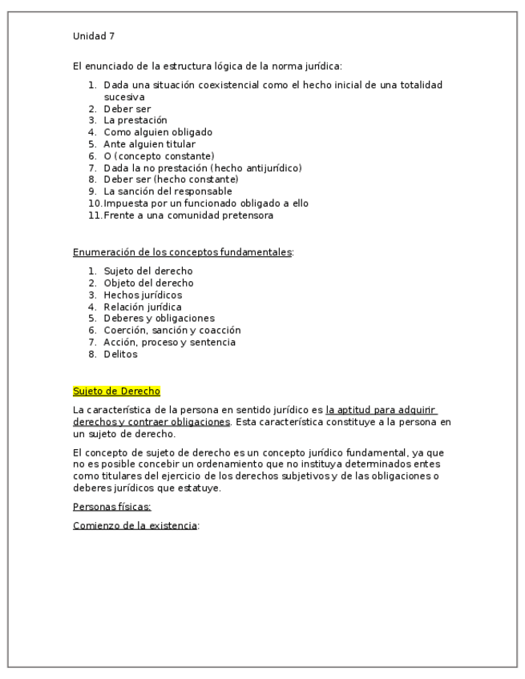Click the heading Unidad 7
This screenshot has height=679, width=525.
(x=94, y=36)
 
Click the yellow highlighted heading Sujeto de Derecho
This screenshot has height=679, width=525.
(x=116, y=391)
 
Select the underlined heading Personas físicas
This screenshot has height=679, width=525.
(x=106, y=507)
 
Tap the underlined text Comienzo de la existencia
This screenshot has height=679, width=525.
(x=135, y=525)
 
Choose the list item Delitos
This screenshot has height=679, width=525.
(x=120, y=354)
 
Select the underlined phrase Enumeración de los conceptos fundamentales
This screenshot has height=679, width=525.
(x=183, y=252)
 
